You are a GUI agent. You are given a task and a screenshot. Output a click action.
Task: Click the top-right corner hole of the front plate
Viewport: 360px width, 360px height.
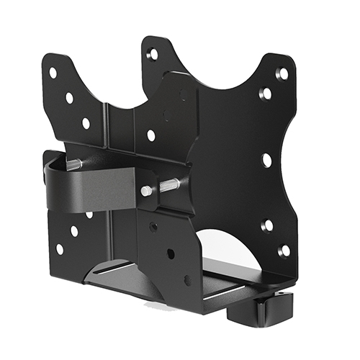282,73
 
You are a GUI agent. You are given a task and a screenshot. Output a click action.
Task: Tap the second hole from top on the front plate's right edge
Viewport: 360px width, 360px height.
266,94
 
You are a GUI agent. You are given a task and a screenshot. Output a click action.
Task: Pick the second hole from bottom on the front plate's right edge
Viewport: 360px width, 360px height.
266,226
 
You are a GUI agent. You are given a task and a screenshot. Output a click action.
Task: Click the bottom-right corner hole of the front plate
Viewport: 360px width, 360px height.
284,251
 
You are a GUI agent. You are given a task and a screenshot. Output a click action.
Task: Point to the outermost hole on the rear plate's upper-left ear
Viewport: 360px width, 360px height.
53,73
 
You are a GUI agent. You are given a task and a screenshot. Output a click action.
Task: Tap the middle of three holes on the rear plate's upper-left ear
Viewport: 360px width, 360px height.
69,97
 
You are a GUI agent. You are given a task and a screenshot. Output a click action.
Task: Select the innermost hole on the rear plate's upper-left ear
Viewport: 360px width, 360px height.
86,123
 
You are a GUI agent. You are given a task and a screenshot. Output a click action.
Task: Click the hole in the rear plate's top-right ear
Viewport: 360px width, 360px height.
153,54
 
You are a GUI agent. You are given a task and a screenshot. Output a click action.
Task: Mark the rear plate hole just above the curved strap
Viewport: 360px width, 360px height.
150,135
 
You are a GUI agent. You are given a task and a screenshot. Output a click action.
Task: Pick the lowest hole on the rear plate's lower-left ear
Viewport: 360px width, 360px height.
59,248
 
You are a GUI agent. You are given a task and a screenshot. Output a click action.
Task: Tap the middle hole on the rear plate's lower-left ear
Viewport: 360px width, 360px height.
74,231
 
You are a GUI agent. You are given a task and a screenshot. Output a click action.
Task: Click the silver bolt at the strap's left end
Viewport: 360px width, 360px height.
74,165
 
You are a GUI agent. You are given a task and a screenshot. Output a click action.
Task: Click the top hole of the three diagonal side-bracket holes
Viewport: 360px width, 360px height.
153,227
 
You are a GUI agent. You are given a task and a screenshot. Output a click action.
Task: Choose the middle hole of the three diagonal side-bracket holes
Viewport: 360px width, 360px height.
170,253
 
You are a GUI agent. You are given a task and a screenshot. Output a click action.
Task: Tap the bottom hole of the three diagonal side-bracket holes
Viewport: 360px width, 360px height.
187,279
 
